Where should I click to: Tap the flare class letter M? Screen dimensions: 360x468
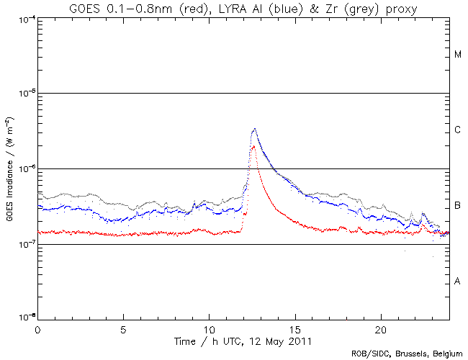tap(458, 55)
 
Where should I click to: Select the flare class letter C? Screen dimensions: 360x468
tap(458, 130)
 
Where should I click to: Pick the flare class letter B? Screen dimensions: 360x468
tap(458, 206)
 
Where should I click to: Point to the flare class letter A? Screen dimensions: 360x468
tap(458, 282)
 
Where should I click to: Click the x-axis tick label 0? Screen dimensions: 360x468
tap(37, 328)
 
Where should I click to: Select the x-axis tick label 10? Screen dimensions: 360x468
tap(210, 328)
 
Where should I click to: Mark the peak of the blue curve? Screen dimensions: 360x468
tap(254, 129)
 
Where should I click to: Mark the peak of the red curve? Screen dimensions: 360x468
tap(253, 146)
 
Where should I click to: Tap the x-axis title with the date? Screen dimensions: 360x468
tap(243, 339)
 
